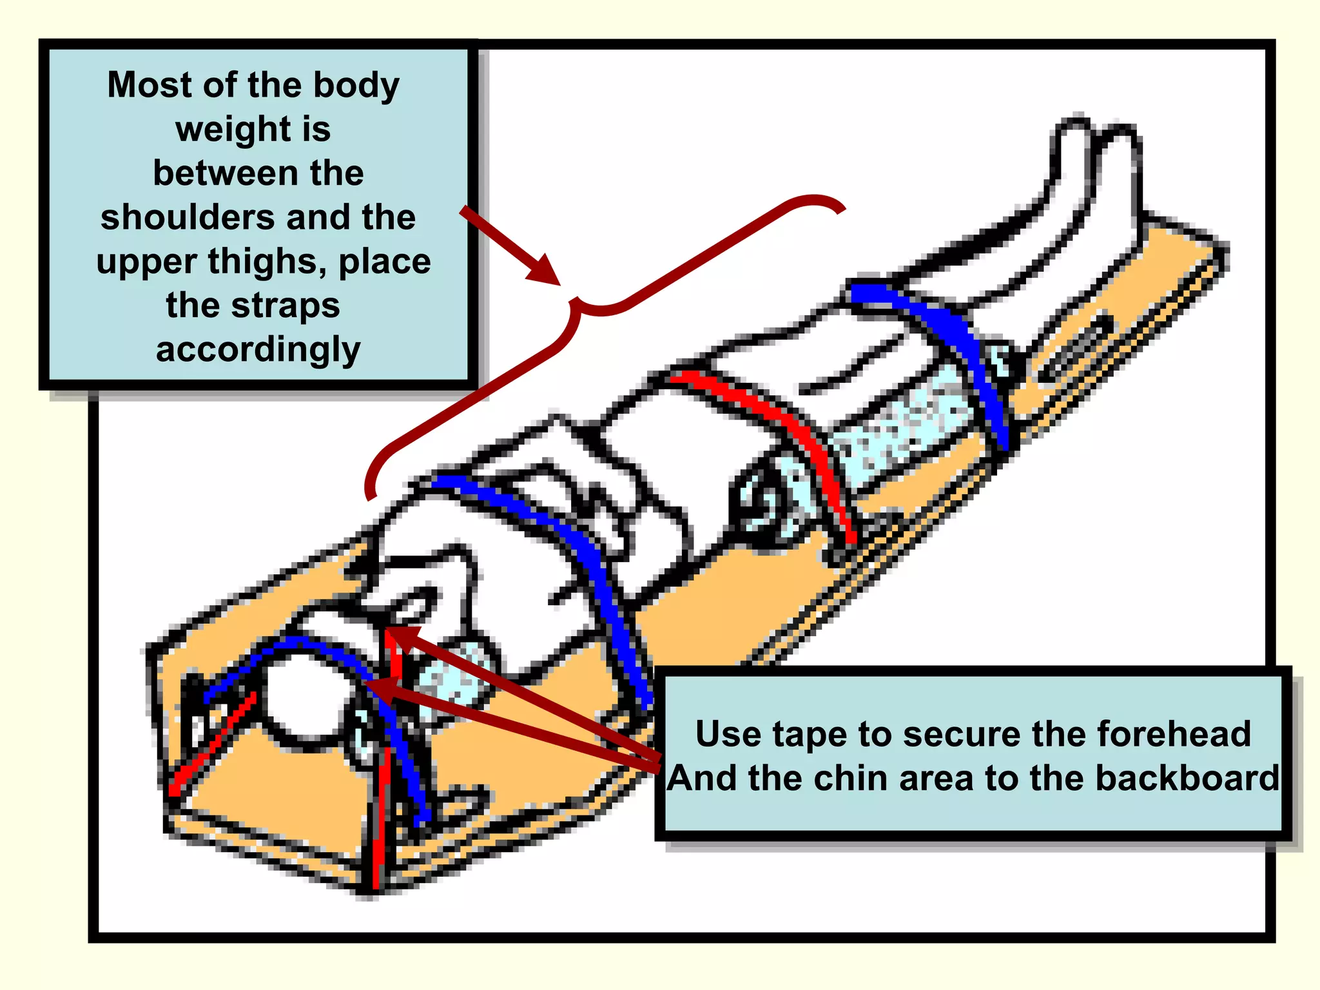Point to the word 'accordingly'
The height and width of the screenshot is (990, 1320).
point(258,350)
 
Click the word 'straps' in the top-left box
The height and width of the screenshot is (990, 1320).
point(286,306)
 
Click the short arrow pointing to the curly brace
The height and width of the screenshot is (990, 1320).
point(510,246)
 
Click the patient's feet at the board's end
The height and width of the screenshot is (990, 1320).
point(1096,168)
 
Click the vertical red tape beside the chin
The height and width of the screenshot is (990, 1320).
point(387,761)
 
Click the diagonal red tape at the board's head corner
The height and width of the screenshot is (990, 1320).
point(213,744)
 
